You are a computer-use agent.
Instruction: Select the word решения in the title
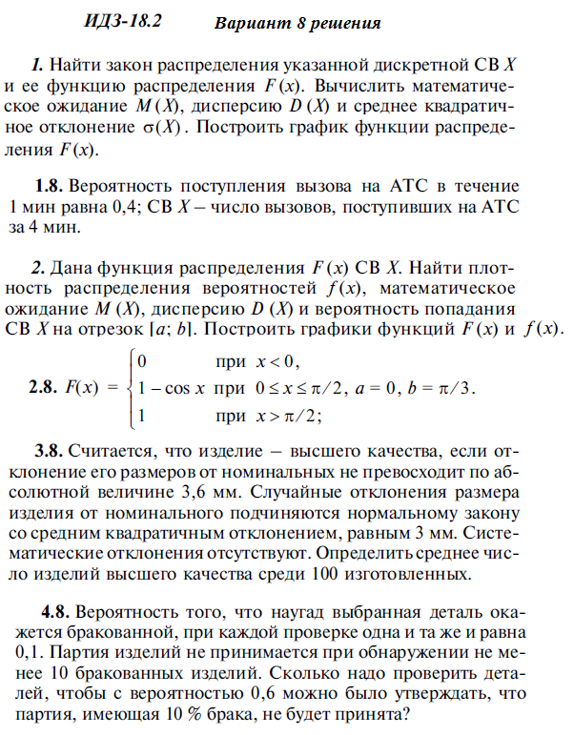pyautogui.click(x=346, y=23)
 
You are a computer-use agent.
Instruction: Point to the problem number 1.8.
pyautogui.click(x=49, y=187)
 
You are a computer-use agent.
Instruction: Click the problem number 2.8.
pyautogui.click(x=49, y=388)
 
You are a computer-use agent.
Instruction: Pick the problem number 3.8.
pyautogui.click(x=51, y=449)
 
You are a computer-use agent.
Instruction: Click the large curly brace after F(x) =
pyautogui.click(x=125, y=388)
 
